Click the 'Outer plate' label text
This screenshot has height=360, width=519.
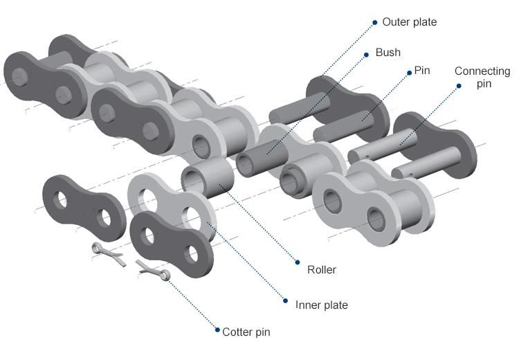409,22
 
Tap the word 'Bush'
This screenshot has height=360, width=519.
388,52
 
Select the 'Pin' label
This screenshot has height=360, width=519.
421,71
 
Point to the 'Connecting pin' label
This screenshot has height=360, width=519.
482,77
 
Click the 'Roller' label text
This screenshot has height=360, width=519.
321,269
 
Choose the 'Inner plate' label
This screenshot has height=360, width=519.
321,305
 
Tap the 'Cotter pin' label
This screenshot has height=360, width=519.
246,332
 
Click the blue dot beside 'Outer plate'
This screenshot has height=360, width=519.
375,22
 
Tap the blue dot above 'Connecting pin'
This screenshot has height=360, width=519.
459,86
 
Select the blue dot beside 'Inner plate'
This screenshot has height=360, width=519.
286,300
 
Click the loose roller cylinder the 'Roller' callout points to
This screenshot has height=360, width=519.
208,177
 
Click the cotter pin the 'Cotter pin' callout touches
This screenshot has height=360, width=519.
153,270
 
